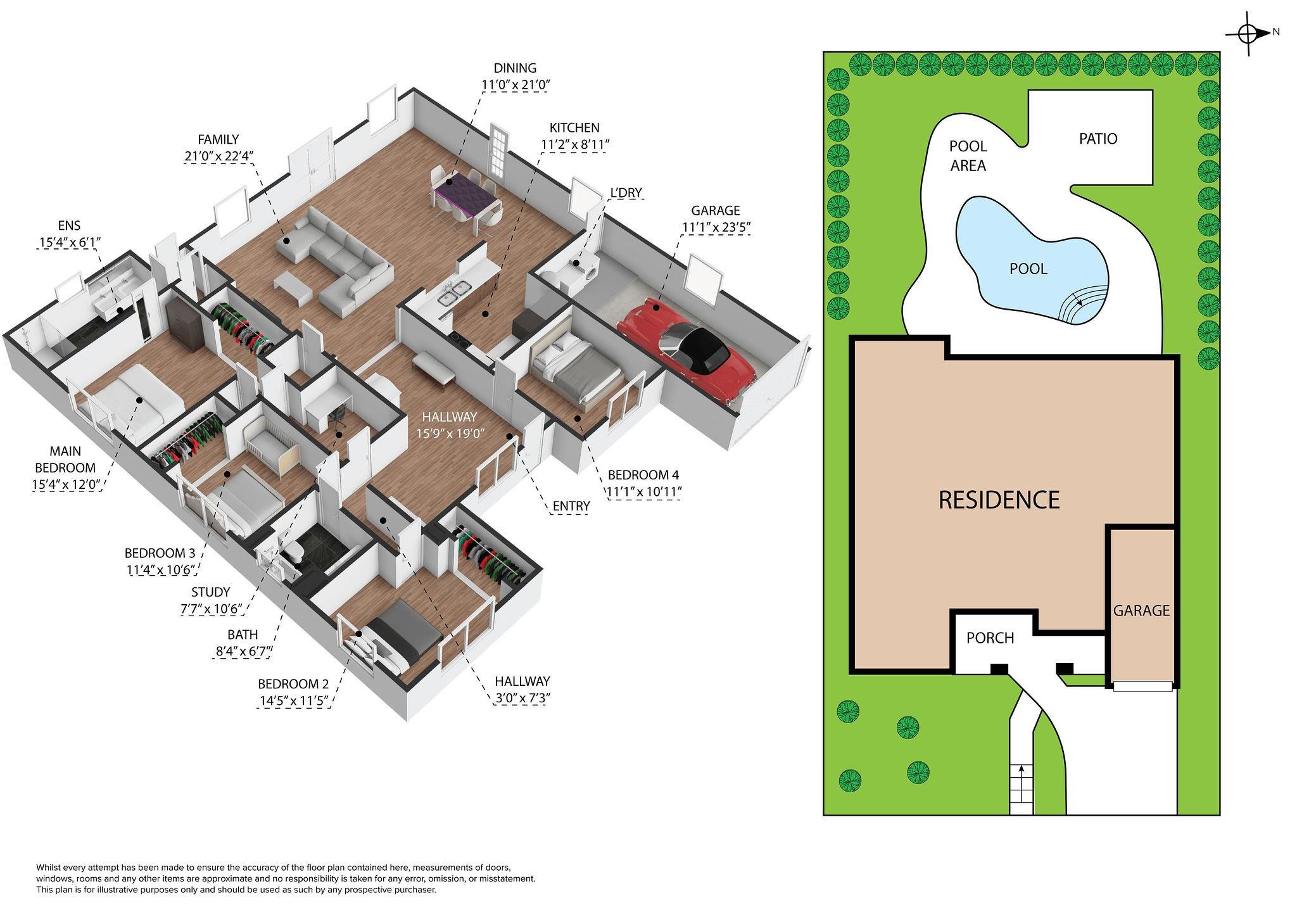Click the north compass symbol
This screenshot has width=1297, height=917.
[1248, 51]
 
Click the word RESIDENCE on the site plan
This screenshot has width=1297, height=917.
[999, 500]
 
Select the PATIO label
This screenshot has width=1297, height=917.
[1098, 139]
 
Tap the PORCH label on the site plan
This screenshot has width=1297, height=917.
[990, 638]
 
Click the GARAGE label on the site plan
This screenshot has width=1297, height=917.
[1141, 610]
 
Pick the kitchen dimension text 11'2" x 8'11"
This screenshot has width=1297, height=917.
[575, 145]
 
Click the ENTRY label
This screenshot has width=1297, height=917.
[571, 506]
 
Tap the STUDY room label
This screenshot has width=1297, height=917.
[211, 592]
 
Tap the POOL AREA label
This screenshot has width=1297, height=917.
[968, 156]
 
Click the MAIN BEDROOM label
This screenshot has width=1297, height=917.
[65, 460]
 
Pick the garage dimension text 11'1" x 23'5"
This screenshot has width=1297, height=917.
[715, 227]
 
